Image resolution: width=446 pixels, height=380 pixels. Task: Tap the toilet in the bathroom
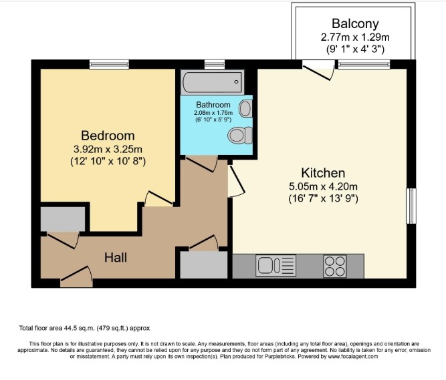pyautogui.click(x=238, y=136)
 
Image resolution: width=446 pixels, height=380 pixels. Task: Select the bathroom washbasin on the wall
pyautogui.click(x=245, y=109)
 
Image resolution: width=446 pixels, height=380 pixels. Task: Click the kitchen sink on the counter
pyautogui.click(x=271, y=266)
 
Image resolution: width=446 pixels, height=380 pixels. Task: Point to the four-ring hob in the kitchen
pyautogui.click(x=336, y=266)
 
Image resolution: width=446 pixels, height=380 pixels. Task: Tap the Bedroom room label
pyautogui.click(x=108, y=135)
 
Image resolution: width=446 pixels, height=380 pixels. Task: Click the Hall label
pyautogui.click(x=115, y=257)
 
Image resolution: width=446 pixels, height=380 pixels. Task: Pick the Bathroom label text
pyautogui.click(x=213, y=105)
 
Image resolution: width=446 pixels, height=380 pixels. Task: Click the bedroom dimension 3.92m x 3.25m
pyautogui.click(x=108, y=148)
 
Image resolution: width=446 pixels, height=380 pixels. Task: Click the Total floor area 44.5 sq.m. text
pyautogui.click(x=84, y=328)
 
